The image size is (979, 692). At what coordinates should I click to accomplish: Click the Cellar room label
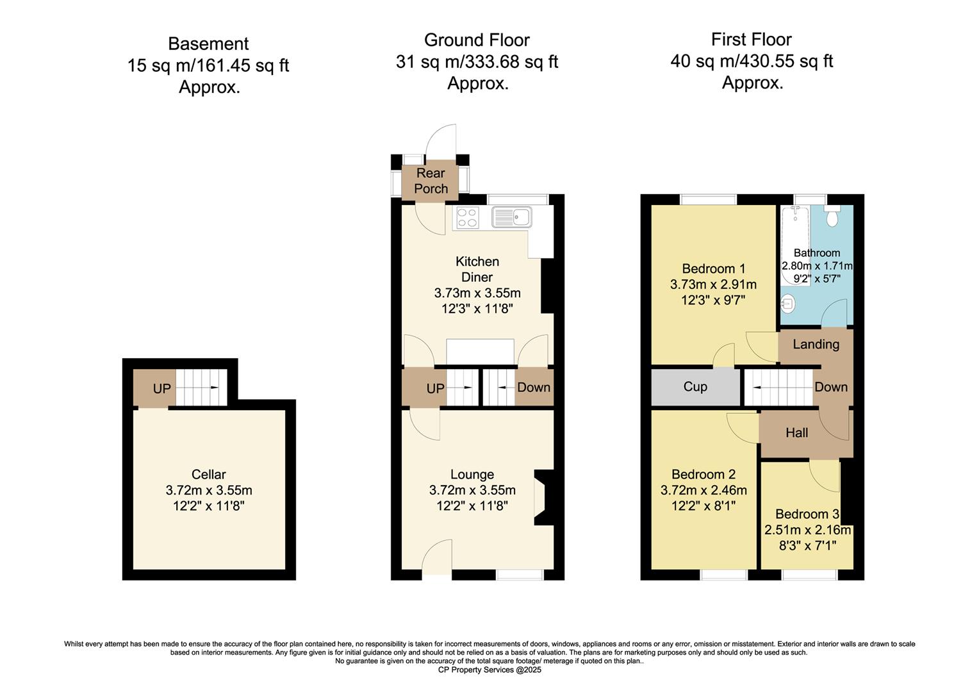[208, 475]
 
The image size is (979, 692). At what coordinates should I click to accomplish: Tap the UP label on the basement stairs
[161, 389]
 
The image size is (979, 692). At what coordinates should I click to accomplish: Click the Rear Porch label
[431, 181]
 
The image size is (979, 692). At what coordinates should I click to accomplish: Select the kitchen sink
[512, 218]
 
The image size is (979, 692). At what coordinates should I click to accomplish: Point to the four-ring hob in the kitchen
[466, 218]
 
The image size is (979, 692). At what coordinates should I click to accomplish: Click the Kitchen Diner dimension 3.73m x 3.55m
[477, 293]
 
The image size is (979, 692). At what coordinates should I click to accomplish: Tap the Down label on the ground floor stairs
[533, 388]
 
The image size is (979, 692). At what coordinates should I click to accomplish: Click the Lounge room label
[472, 475]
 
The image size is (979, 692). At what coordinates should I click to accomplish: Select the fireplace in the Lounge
[543, 498]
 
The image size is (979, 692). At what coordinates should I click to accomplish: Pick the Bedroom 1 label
[713, 268]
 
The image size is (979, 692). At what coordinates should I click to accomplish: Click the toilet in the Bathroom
[833, 217]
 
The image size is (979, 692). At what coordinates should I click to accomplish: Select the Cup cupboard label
[695, 387]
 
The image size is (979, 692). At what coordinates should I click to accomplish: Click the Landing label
[816, 345]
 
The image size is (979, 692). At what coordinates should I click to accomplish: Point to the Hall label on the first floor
[796, 433]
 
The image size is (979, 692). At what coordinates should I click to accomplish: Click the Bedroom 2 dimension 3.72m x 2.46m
[703, 491]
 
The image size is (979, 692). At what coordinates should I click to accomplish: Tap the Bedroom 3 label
[807, 515]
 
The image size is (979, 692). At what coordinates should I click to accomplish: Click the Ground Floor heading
[477, 40]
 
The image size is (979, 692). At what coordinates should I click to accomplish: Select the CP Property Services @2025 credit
[489, 670]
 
